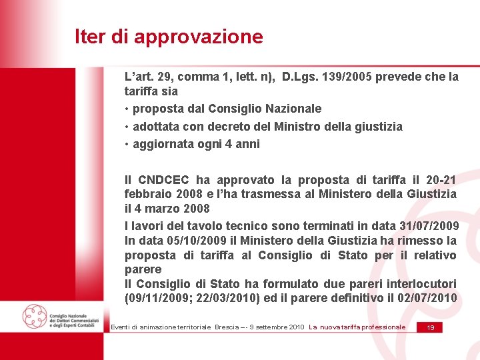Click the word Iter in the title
tap(90, 37)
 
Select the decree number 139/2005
tap(340, 77)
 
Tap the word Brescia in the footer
tap(229, 327)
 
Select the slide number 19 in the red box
tap(431, 327)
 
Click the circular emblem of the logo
tap(34, 315)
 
